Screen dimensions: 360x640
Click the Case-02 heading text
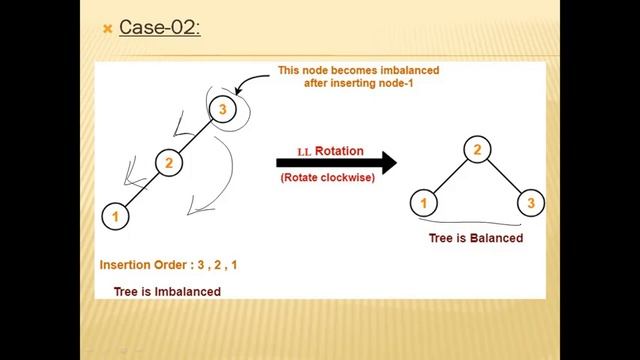(x=160, y=27)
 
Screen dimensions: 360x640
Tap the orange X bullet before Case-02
(x=107, y=29)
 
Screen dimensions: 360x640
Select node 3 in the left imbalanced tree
(x=224, y=110)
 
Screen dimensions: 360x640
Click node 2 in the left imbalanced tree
(x=169, y=163)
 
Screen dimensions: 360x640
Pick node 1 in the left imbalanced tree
(x=116, y=215)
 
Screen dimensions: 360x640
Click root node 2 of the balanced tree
(x=478, y=151)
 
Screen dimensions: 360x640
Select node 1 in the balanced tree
(x=424, y=204)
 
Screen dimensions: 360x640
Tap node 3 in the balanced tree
(x=531, y=204)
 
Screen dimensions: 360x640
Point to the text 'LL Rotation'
(x=330, y=151)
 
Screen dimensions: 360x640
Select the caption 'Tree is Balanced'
(x=475, y=238)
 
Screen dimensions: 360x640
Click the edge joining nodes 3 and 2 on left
(x=197, y=136)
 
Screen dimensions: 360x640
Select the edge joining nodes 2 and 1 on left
(x=143, y=189)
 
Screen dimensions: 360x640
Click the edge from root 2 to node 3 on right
(x=505, y=177)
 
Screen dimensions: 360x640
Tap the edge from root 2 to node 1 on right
(x=451, y=177)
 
